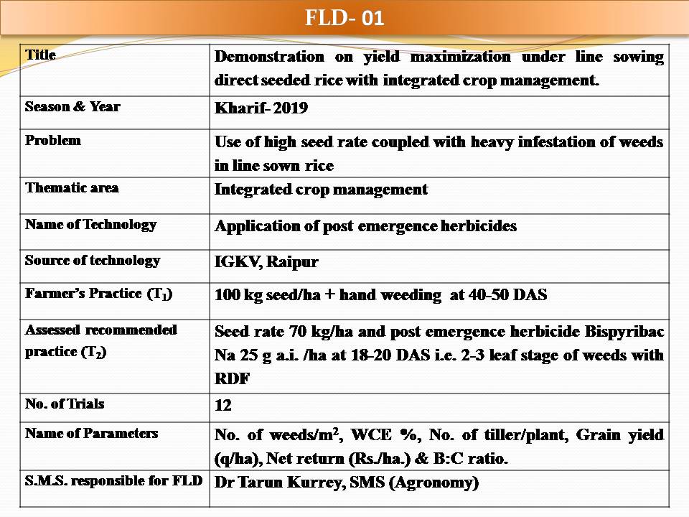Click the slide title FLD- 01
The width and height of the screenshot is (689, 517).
[x=344, y=17]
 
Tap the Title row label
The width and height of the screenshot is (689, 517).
[x=40, y=55]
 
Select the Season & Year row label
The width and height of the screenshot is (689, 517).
[x=72, y=106]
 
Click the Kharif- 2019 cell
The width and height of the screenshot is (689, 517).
[x=261, y=108]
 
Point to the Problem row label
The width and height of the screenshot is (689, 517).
[x=52, y=140]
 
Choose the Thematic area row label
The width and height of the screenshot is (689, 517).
[x=72, y=187]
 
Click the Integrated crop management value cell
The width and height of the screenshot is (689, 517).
[x=321, y=190]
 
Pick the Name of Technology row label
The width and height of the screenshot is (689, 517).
[x=90, y=224]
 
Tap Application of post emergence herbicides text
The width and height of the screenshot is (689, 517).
[x=365, y=225]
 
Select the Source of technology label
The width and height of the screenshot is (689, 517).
[x=93, y=260]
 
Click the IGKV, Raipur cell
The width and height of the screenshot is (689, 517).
[x=266, y=262]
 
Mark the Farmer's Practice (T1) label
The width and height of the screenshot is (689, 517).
[x=98, y=294]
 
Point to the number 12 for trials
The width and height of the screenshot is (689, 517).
[x=223, y=406]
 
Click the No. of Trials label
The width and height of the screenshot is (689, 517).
[x=65, y=404]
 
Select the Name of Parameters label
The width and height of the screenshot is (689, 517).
[x=91, y=433]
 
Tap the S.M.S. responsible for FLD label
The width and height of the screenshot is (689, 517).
[x=113, y=480]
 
